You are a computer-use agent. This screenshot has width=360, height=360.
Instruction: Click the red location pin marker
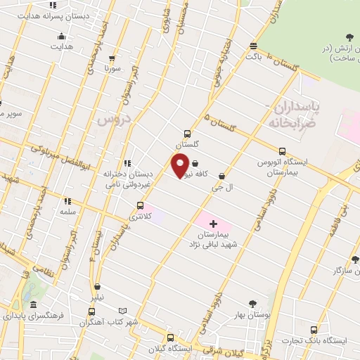click(x=180, y=165)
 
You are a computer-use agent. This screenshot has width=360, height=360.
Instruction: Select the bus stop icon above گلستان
click(x=187, y=133)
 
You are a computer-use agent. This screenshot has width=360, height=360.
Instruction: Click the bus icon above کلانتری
click(x=141, y=206)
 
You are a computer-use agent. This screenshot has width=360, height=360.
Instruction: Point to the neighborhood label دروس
click(x=110, y=120)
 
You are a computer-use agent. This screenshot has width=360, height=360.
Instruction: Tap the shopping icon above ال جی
click(x=222, y=176)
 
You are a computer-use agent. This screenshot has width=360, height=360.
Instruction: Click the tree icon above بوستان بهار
click(x=252, y=304)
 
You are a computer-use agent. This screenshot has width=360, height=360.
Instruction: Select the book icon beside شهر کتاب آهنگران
click(x=123, y=311)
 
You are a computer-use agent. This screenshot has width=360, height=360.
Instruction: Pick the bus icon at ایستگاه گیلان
click(x=169, y=337)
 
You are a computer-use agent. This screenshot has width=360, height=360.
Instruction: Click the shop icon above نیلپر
click(x=96, y=286)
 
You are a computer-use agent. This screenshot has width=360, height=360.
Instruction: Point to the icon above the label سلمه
click(x=67, y=200)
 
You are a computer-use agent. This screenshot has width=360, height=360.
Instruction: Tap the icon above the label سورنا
click(x=108, y=58)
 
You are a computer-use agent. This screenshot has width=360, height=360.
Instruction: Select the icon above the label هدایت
click(x=62, y=36)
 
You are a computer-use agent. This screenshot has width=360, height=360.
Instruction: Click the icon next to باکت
click(x=253, y=46)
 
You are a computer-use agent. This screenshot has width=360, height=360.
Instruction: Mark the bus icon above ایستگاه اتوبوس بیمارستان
click(x=283, y=151)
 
